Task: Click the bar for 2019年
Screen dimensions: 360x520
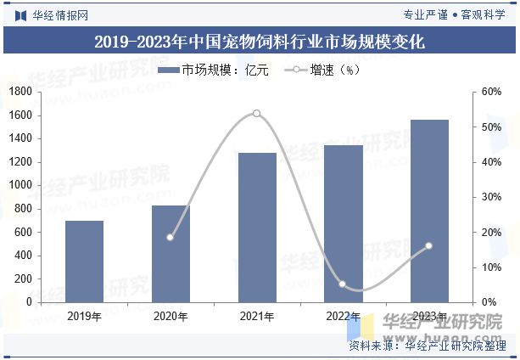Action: tap(84, 262)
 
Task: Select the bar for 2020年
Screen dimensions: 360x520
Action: tap(171, 254)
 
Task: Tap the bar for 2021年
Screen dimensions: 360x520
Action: tap(256, 228)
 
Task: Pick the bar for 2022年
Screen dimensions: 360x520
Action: tap(343, 223)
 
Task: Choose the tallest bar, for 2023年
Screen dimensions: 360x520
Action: tap(428, 211)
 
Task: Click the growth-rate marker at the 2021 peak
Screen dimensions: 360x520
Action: tap(256, 113)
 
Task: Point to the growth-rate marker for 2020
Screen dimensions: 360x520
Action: tap(171, 237)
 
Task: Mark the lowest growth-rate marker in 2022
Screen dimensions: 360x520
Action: tap(343, 284)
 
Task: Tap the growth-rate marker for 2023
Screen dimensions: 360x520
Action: tap(428, 245)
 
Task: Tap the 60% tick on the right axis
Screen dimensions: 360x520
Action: tap(492, 92)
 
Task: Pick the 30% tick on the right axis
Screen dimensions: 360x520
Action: tap(492, 197)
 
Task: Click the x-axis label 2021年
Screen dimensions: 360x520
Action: tap(256, 317)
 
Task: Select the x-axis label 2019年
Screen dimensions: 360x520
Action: tap(84, 317)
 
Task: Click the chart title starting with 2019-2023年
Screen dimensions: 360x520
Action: tap(260, 41)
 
